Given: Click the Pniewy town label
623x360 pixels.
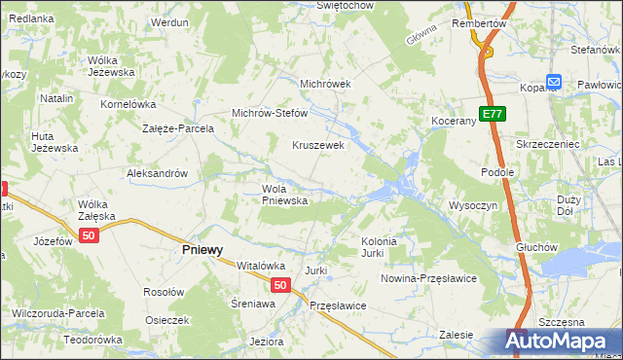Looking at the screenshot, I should (202, 249).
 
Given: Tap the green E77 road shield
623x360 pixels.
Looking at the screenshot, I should (493, 114).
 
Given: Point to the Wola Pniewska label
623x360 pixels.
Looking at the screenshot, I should (284, 195).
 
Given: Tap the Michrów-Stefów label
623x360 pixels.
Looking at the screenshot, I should (269, 113).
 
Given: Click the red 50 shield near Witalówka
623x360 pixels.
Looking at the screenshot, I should (280, 285).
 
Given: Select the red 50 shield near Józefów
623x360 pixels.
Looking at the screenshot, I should (90, 236).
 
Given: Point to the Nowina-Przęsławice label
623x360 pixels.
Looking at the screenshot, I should (428, 278).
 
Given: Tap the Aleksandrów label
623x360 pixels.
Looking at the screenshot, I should (157, 173).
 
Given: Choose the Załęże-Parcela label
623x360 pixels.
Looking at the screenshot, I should (177, 127).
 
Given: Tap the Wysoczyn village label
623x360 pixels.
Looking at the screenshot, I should (473, 205).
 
